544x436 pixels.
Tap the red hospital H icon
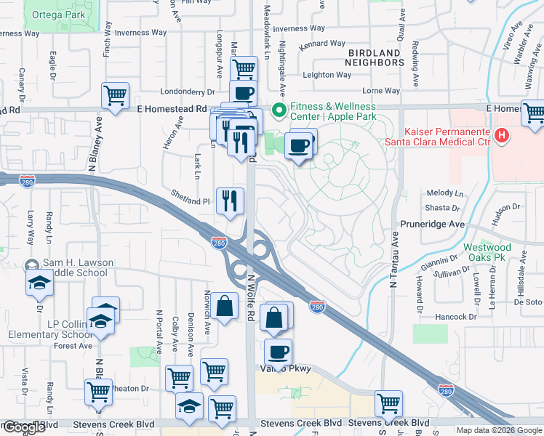501,135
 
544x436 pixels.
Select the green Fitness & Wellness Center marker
277,111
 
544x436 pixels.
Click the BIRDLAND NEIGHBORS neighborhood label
375,58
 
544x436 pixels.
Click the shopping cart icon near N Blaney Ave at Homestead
116,95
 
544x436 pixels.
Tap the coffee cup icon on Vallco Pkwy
278,352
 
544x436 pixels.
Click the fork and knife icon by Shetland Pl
231,200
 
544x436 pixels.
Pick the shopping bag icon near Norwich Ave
225,306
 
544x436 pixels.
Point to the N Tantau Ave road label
394,262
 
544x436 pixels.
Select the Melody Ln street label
444,193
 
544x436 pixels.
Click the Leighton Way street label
327,75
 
